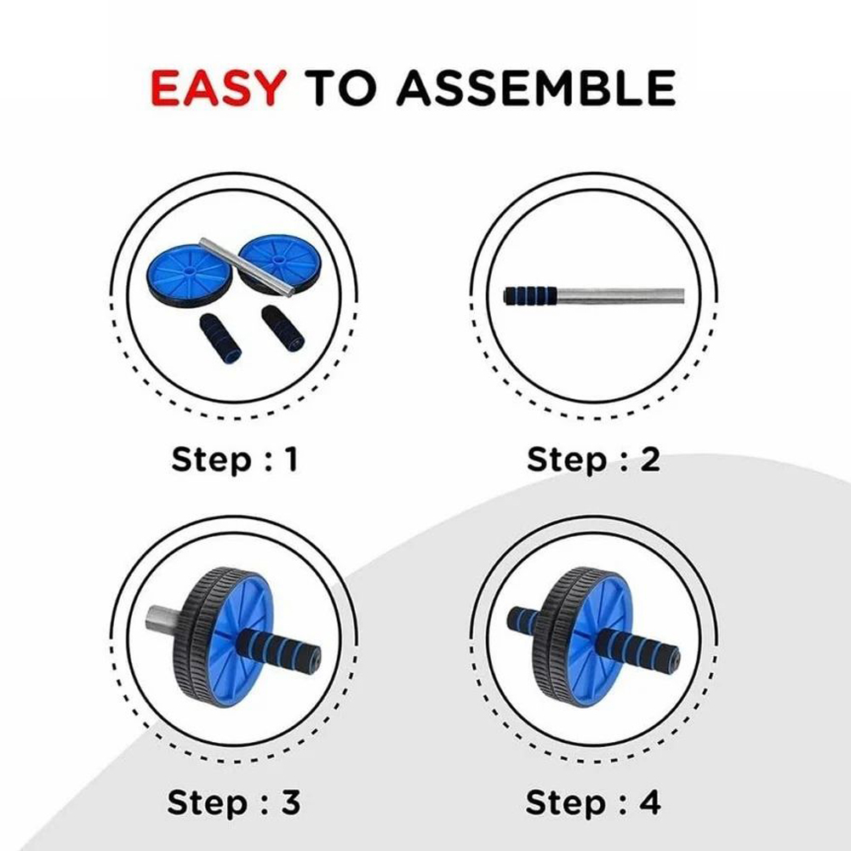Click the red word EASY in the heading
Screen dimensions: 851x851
[218, 88]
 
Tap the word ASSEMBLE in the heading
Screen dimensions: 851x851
[536, 88]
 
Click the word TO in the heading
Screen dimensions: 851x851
[340, 88]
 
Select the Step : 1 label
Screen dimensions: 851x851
[235, 460]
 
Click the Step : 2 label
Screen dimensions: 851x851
[593, 460]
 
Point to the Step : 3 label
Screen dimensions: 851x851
[233, 802]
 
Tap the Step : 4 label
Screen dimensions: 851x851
[593, 802]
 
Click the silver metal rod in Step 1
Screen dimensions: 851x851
[247, 267]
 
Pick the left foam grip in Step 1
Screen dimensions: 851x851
[220, 338]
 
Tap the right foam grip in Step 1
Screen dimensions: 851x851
[283, 328]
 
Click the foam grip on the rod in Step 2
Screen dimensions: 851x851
[531, 296]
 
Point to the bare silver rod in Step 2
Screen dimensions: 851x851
[621, 296]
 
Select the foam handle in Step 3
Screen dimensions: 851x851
[278, 649]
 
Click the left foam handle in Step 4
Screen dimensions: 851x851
[523, 620]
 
